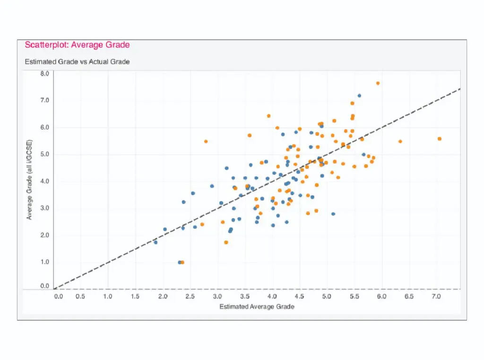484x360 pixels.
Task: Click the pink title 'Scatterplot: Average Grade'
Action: [77, 45]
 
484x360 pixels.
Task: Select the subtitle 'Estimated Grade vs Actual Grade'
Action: [77, 61]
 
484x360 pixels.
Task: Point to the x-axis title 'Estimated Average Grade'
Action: [257, 307]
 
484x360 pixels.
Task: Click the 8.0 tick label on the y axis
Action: [44, 74]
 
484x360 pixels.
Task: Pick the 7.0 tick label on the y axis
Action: [44, 100]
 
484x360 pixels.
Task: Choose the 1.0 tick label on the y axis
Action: [44, 262]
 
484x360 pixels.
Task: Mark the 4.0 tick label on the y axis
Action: [44, 181]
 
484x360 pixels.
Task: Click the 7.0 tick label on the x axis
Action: [436, 297]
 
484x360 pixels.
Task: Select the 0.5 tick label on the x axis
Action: [80, 297]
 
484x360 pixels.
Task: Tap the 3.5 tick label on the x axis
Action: [244, 297]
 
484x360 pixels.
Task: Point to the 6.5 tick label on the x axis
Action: [409, 297]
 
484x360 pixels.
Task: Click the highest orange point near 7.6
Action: [378, 83]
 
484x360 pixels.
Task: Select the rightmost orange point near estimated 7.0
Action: [439, 139]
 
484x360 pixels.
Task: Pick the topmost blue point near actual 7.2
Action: [359, 96]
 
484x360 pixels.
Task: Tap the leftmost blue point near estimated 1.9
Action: [156, 242]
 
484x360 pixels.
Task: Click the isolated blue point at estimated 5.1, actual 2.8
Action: [333, 214]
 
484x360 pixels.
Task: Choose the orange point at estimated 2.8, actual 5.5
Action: [206, 141]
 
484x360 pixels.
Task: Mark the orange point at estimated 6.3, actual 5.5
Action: [400, 141]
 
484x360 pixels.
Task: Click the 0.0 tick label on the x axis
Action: [58, 297]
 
